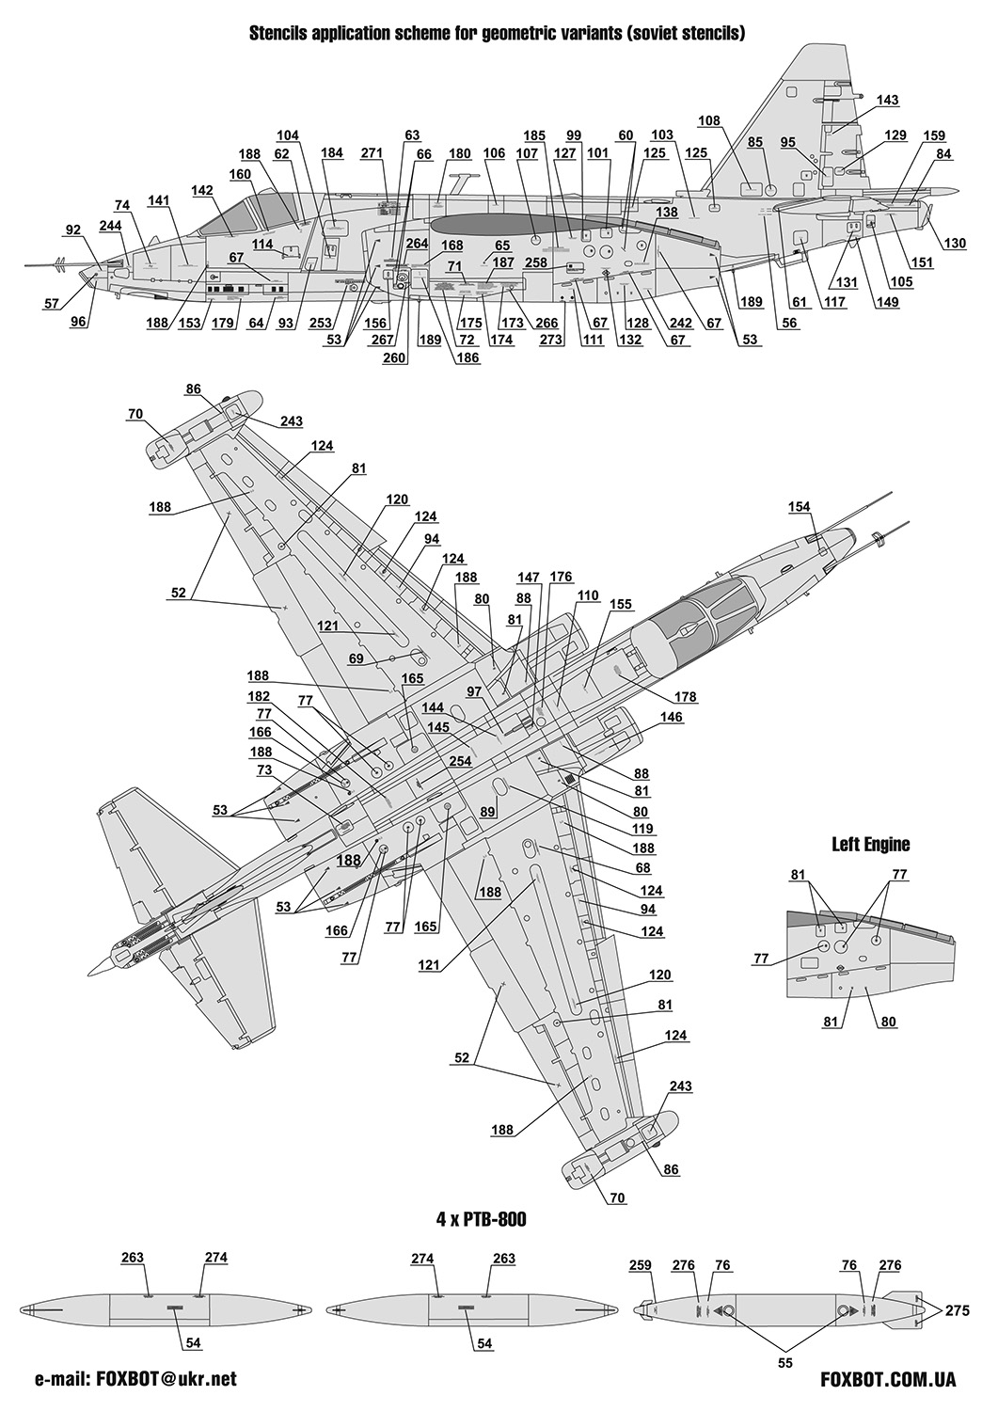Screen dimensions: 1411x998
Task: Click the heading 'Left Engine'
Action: pos(870,844)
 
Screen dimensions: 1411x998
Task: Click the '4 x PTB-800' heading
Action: pos(481,1219)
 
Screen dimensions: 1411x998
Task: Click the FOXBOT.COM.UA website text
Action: pos(888,1380)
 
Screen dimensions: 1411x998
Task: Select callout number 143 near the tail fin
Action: pos(887,101)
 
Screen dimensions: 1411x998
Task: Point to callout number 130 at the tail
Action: pos(955,244)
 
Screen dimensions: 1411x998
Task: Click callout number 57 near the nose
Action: pos(51,303)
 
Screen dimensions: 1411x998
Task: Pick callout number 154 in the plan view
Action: pos(799,507)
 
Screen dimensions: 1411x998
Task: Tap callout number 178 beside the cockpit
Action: pos(686,697)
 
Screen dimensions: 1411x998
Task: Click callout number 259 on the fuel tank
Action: pos(640,1266)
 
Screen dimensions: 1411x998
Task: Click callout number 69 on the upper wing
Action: pos(356,659)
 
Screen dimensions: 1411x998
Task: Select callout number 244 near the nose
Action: pos(111,226)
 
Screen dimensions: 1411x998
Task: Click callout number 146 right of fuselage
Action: pos(672,717)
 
